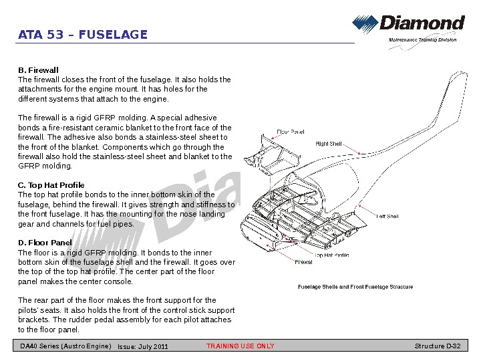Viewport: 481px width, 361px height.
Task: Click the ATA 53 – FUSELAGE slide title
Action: [x=83, y=35]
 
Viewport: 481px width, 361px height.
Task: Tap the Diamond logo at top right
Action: [x=408, y=25]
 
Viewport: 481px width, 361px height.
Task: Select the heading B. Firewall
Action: [x=38, y=70]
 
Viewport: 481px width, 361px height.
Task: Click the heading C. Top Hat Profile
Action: [x=51, y=185]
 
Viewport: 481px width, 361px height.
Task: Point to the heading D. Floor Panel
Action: [x=45, y=243]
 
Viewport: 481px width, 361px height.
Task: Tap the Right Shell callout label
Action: [x=329, y=144]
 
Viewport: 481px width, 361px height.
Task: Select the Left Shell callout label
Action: [x=387, y=216]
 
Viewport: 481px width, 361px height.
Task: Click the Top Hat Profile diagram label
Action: [x=331, y=255]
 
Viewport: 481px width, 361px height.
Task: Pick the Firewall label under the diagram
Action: [x=303, y=262]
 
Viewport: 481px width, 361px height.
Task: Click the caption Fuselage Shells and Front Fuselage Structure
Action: [x=355, y=287]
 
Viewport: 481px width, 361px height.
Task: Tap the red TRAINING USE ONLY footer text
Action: [x=240, y=346]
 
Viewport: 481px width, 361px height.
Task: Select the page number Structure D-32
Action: [x=438, y=346]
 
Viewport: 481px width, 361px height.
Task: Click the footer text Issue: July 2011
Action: [x=143, y=347]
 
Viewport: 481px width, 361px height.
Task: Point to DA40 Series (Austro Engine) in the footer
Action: [x=65, y=346]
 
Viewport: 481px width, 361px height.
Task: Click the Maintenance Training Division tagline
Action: [x=423, y=40]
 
